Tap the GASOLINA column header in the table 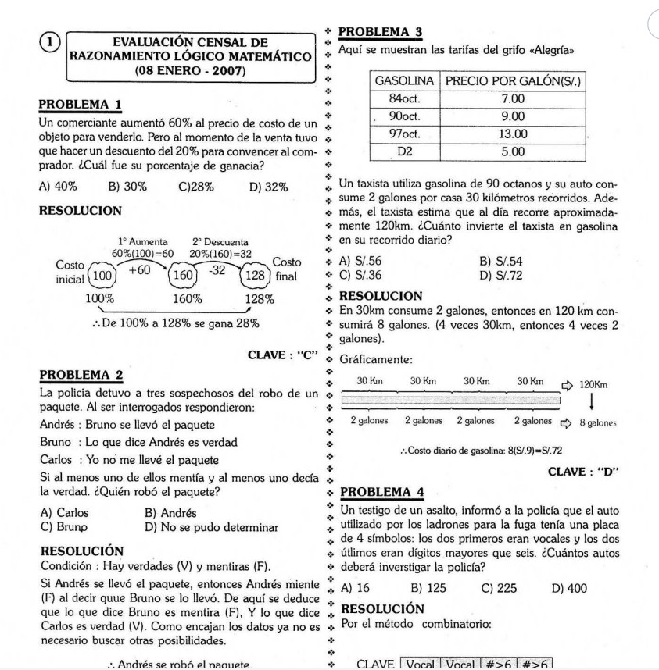coord(405,82)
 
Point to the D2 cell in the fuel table coord(405,151)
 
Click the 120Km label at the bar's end coord(595,384)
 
